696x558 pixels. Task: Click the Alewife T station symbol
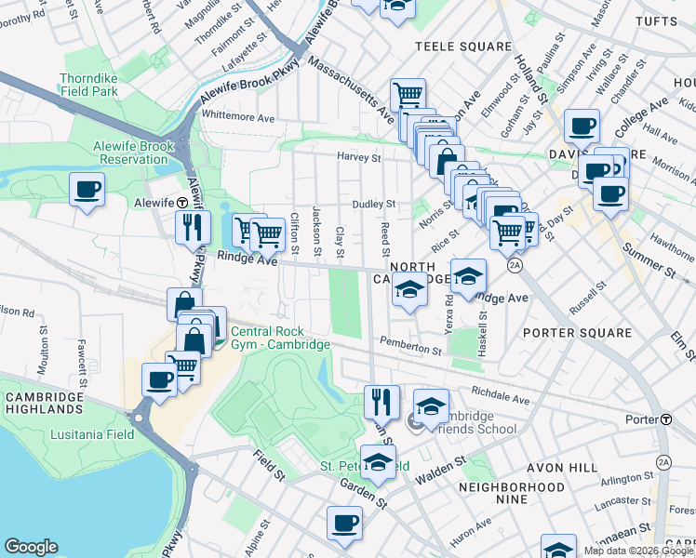click(183, 202)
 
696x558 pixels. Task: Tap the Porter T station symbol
click(667, 419)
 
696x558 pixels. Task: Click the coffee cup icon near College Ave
click(582, 126)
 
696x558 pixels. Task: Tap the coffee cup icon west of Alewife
click(87, 191)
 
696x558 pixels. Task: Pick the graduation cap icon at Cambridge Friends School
click(431, 406)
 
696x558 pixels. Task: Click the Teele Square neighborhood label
click(462, 46)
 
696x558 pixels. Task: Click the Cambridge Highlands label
click(43, 402)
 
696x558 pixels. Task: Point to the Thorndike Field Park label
click(88, 86)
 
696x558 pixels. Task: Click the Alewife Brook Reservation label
click(130, 153)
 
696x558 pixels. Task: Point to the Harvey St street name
click(359, 158)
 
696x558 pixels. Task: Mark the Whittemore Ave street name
click(238, 118)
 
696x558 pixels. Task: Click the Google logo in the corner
click(32, 546)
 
